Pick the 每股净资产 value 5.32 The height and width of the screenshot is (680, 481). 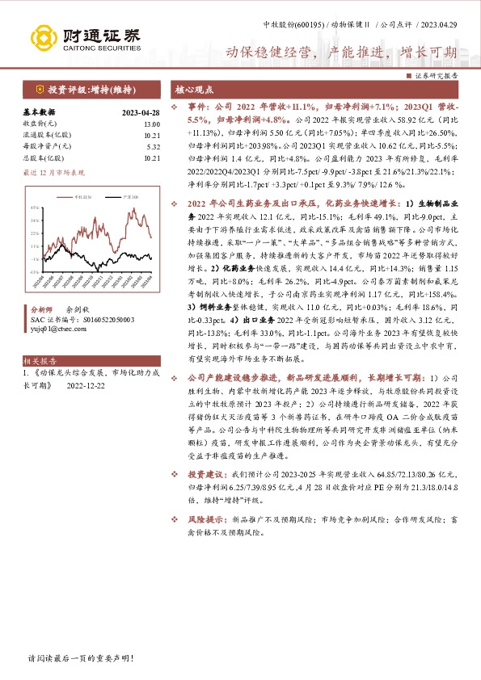tap(153, 147)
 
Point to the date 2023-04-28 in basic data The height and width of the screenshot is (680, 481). tap(141, 113)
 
